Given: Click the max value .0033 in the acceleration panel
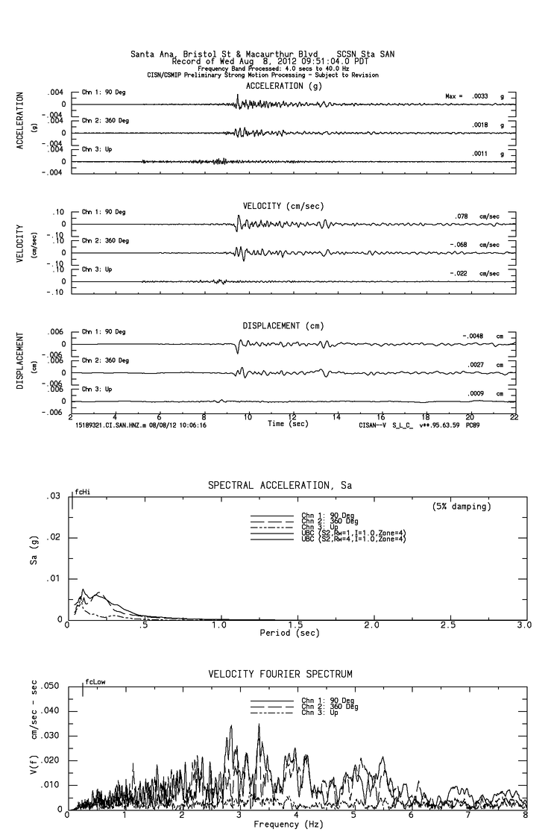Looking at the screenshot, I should [x=481, y=96].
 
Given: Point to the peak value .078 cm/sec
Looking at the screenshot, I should [x=462, y=216].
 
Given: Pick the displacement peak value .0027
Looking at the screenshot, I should [x=476, y=365].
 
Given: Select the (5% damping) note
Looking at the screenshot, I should [x=462, y=507].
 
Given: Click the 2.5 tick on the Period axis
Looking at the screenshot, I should [x=449, y=625].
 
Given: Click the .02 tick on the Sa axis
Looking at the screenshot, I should [x=54, y=538].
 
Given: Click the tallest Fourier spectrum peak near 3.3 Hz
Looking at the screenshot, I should [x=259, y=725].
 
